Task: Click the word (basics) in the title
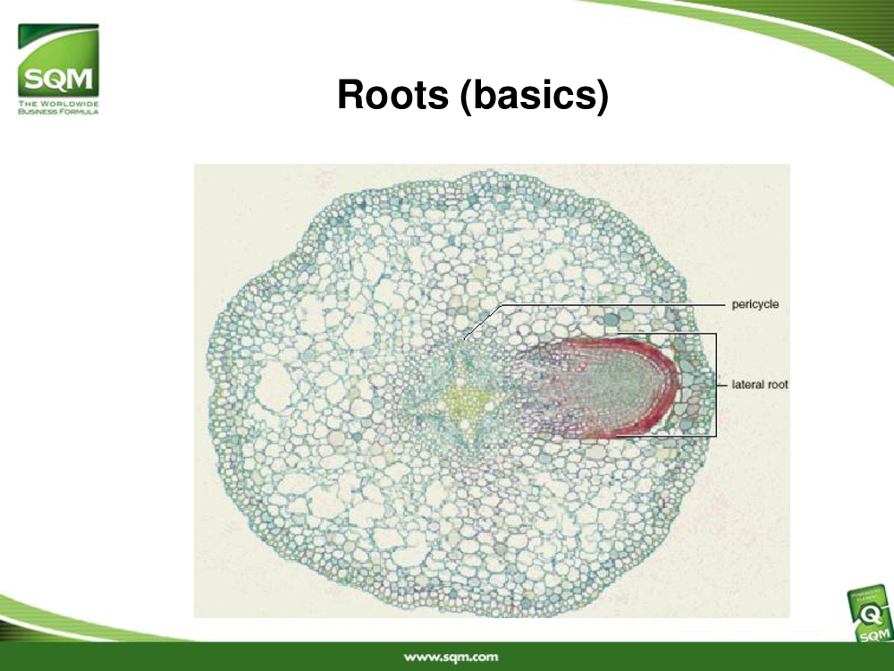coord(535,96)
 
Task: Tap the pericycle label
coord(755,305)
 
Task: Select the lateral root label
coord(759,385)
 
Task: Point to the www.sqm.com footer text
coord(451,657)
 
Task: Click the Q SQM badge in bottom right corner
coord(871,616)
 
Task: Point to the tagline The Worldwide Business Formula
coord(58,107)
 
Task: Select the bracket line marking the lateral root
coord(715,385)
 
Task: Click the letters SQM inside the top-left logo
coord(58,80)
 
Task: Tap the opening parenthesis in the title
coord(466,96)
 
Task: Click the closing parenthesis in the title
coord(603,96)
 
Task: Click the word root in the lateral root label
coord(778,385)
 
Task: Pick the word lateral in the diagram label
coord(748,385)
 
